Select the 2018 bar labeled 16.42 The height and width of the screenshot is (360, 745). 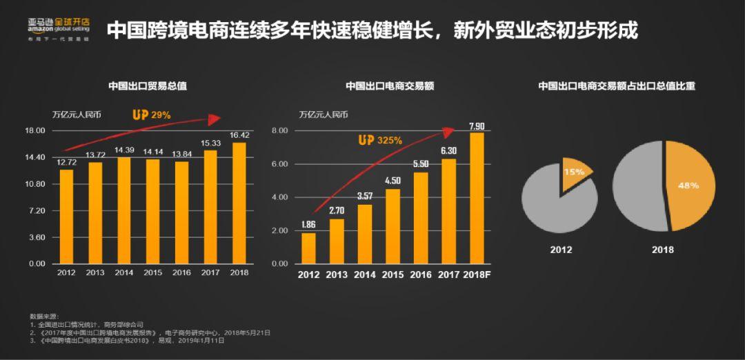tap(239, 203)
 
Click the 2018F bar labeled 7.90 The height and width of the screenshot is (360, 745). tap(477, 198)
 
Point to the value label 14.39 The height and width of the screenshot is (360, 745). tap(124, 150)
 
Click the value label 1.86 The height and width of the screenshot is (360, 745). tap(308, 225)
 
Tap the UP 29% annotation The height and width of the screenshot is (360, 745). tap(151, 115)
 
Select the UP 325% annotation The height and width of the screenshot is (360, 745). tap(379, 140)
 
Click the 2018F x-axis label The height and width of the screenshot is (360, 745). tap(477, 275)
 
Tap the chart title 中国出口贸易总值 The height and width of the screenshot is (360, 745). tap(148, 87)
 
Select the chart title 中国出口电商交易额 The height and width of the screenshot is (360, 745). tap(389, 87)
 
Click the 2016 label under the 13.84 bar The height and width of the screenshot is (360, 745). tap(181, 272)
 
